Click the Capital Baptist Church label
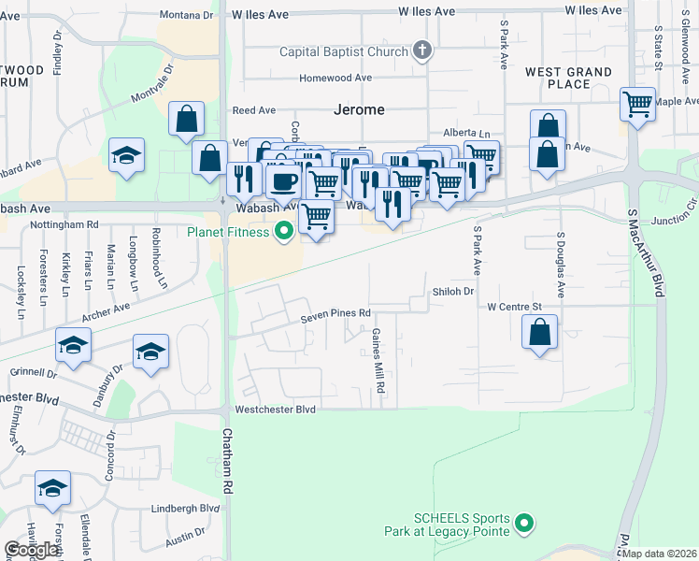(x=345, y=50)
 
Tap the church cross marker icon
(x=422, y=50)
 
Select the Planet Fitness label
(x=229, y=232)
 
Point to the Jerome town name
(x=359, y=109)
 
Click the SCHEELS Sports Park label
(x=462, y=525)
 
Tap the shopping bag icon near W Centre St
(x=540, y=332)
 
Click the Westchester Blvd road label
(x=276, y=410)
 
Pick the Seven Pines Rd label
(x=336, y=314)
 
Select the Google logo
(x=32, y=550)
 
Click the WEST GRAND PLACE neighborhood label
(x=568, y=78)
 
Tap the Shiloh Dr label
(x=453, y=292)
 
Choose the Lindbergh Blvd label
(x=186, y=509)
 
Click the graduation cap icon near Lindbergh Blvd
(x=53, y=488)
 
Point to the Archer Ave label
(x=106, y=309)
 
